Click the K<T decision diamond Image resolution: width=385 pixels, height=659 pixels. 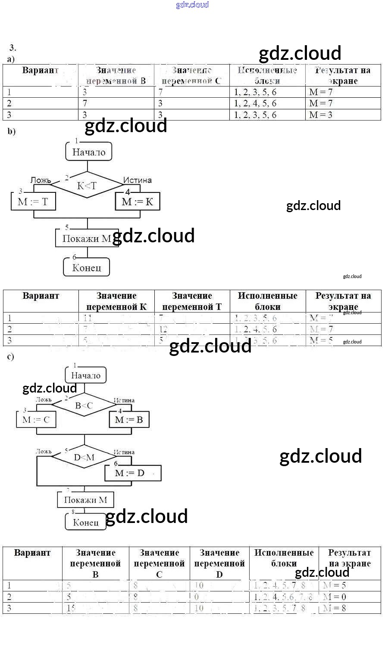pos(87,186)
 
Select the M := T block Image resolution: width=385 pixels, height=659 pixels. pos(33,201)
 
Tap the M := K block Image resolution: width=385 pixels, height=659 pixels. pos(138,201)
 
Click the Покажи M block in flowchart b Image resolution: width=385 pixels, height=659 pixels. pos(86,238)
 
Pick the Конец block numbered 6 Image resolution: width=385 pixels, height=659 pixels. pos(87,267)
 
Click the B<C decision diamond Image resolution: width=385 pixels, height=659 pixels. pos(84,405)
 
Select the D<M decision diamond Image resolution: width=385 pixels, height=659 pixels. pos(84,457)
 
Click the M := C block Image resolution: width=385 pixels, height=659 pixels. pos(36,420)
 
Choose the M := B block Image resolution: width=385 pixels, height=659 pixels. pos(129,420)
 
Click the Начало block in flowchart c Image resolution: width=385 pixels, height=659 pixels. pos(86,375)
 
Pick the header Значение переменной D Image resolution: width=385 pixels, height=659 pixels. pos(219,563)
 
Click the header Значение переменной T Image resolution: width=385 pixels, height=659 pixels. pos(192,301)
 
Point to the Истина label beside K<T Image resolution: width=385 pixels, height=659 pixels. pos(137,180)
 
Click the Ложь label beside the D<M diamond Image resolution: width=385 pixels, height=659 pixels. pos(44,452)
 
